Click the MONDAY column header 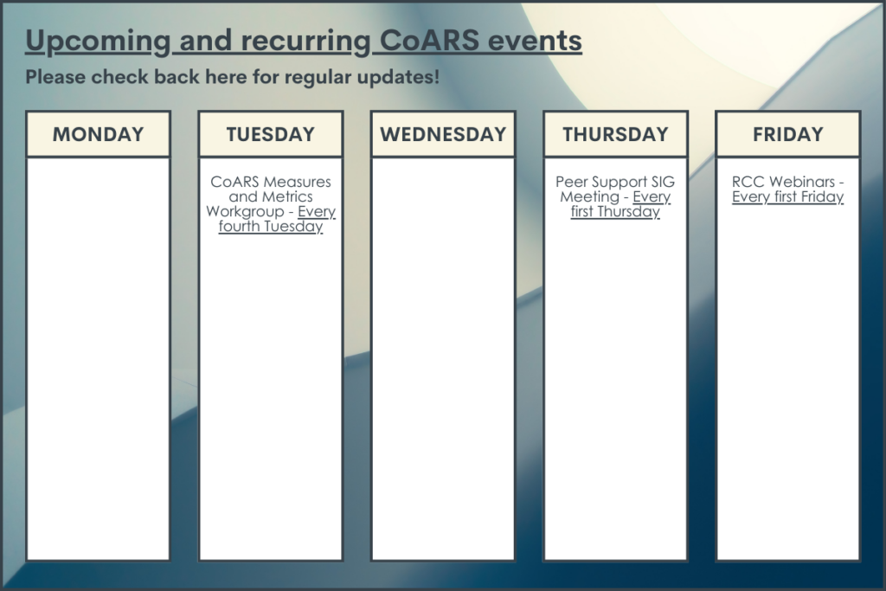99,134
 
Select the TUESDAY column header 271,134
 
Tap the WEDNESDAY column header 443,134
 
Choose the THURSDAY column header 615,134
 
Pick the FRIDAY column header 787,134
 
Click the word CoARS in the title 429,40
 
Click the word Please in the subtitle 55,77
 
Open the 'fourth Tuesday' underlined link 271,226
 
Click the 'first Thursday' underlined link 615,211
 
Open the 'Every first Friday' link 787,196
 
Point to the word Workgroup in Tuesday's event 245,211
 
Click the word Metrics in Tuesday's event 286,196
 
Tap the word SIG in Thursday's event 663,182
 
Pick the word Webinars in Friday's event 802,182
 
